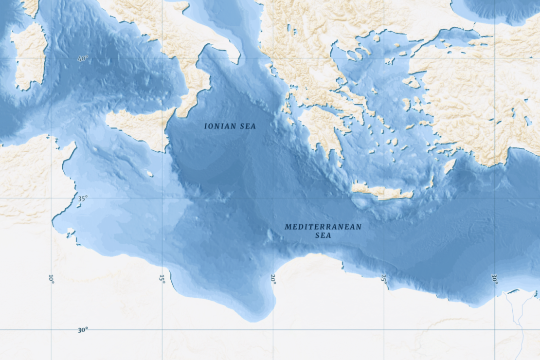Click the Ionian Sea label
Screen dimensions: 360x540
click(x=230, y=126)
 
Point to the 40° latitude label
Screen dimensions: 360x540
click(x=83, y=58)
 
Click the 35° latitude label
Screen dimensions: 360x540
click(x=83, y=198)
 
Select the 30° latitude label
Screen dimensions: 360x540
click(x=83, y=330)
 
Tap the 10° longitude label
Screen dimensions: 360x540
click(x=51, y=279)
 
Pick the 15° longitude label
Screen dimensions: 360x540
click(x=162, y=279)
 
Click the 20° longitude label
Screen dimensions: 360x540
click(x=273, y=279)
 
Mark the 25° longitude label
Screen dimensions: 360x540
click(x=384, y=279)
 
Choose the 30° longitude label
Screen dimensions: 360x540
click(x=494, y=279)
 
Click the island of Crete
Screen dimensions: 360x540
click(x=382, y=192)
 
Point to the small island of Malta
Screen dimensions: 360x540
click(x=150, y=174)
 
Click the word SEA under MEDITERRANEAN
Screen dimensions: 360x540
click(x=323, y=235)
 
